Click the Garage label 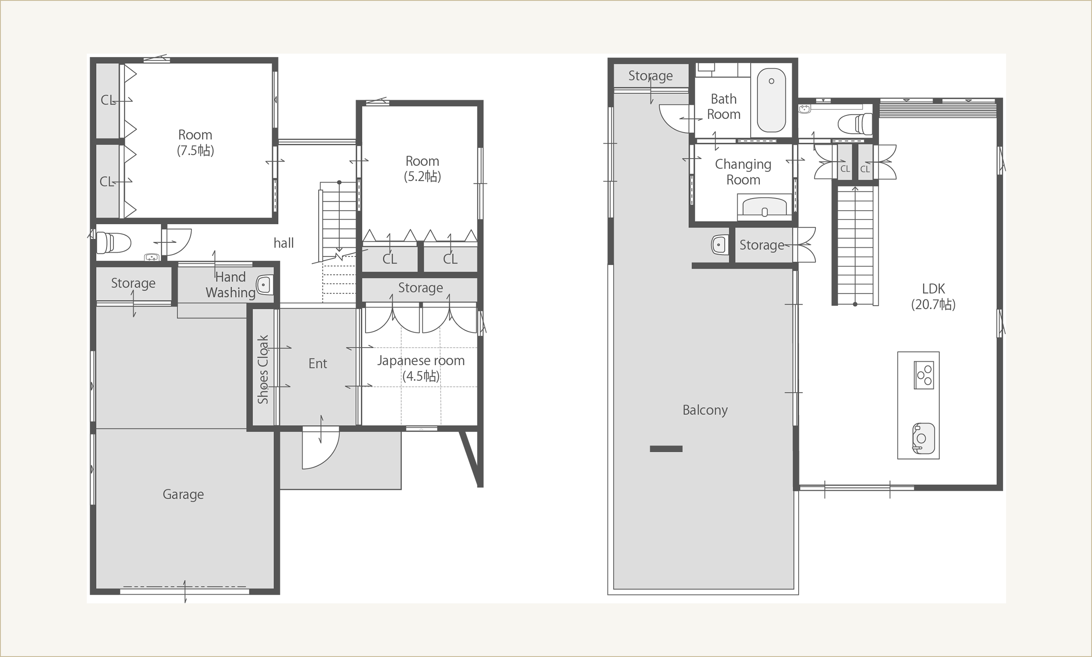[183, 494]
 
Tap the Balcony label [705, 410]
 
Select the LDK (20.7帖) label [933, 296]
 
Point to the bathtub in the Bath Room [771, 100]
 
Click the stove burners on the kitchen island [924, 375]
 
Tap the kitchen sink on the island [924, 438]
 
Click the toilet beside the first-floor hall [114, 243]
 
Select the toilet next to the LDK [856, 123]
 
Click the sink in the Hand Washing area [264, 285]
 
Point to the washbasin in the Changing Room [765, 207]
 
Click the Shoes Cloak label [263, 369]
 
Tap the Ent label [318, 363]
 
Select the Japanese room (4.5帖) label [421, 368]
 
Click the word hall [284, 243]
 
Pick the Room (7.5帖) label [195, 143]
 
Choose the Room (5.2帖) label [422, 169]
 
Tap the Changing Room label [743, 172]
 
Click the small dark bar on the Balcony [666, 448]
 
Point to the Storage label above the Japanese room [420, 288]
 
